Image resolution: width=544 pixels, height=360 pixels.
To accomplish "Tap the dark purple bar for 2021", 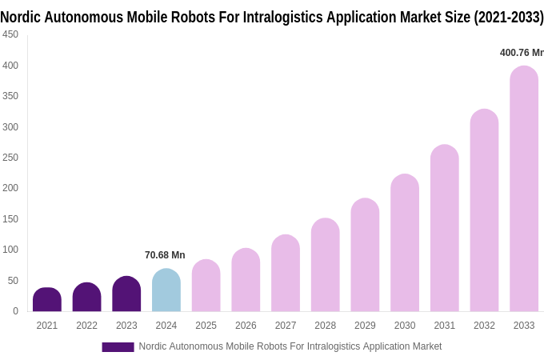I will click(47, 300).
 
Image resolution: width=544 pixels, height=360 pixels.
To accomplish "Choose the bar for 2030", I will click(405, 243).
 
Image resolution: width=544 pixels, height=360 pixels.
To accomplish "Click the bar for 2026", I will click(246, 280).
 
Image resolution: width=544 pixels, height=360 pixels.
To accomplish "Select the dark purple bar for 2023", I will click(126, 294).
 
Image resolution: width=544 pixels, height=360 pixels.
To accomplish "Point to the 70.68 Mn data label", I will click(165, 255).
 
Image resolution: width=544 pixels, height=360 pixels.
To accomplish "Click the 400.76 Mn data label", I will click(522, 53).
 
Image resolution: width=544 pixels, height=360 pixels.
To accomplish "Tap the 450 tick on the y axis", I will click(10, 34).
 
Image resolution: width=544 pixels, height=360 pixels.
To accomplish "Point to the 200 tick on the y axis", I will click(10, 188).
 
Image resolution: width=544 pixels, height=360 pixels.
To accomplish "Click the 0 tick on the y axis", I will click(15, 311).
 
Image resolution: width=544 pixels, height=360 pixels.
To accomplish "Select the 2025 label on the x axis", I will click(206, 326).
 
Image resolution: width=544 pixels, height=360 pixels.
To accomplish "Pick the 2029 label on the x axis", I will click(365, 326).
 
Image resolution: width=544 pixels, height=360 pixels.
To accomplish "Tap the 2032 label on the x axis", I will click(484, 326).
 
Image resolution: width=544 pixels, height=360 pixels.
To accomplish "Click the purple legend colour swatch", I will click(118, 347).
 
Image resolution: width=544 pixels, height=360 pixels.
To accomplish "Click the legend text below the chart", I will click(290, 346).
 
